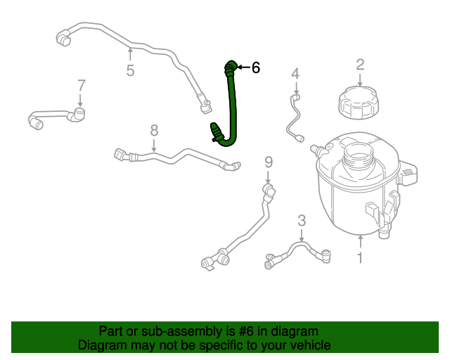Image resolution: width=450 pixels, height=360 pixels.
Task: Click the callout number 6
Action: (256, 67)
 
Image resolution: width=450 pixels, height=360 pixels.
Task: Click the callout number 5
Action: (130, 70)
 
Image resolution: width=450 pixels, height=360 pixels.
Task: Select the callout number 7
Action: (82, 85)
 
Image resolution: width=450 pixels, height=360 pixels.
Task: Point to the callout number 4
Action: (296, 73)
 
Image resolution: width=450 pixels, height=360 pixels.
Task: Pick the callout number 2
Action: (360, 65)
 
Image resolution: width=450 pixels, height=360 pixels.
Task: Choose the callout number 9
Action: (268, 163)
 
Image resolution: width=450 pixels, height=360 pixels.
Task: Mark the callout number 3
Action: (302, 220)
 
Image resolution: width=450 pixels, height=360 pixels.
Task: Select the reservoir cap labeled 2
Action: (359, 104)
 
